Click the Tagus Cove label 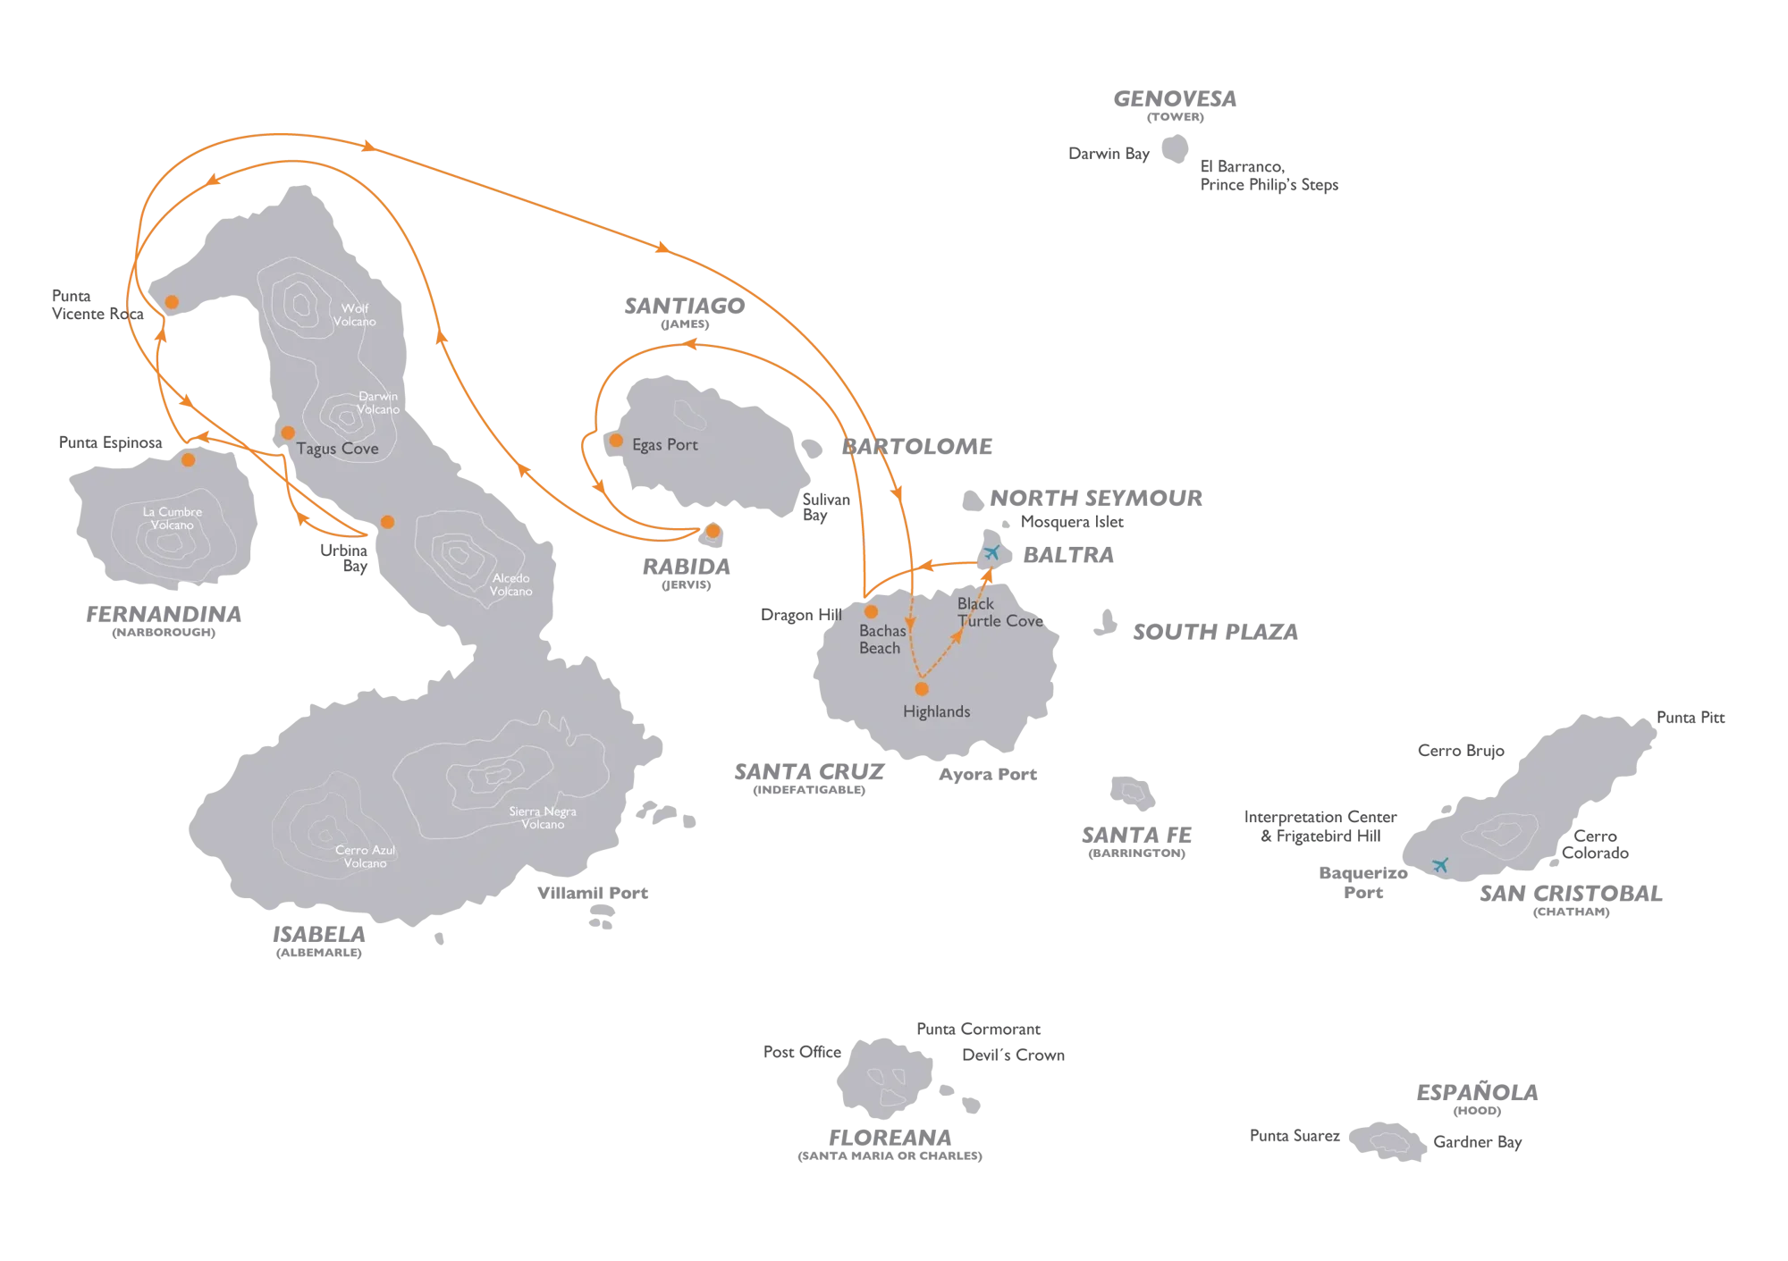pyautogui.click(x=337, y=449)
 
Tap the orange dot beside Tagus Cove pyautogui.click(x=288, y=433)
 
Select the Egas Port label pyautogui.click(x=664, y=445)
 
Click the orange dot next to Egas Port pyautogui.click(x=616, y=441)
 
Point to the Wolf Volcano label pyautogui.click(x=355, y=315)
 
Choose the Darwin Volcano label pyautogui.click(x=377, y=403)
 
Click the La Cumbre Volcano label pyautogui.click(x=173, y=518)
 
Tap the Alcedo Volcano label pyautogui.click(x=511, y=584)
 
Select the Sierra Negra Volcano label pyautogui.click(x=543, y=818)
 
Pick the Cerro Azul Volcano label pyautogui.click(x=365, y=857)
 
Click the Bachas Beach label pyautogui.click(x=881, y=639)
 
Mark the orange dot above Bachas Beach pyautogui.click(x=871, y=612)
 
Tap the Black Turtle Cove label pyautogui.click(x=999, y=612)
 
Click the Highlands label pyautogui.click(x=937, y=712)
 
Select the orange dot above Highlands pyautogui.click(x=922, y=689)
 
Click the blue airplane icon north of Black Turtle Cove pyautogui.click(x=991, y=552)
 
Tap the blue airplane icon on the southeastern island pyautogui.click(x=1439, y=864)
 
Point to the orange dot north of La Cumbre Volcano pyautogui.click(x=188, y=460)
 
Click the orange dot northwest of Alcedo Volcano pyautogui.click(x=387, y=522)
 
